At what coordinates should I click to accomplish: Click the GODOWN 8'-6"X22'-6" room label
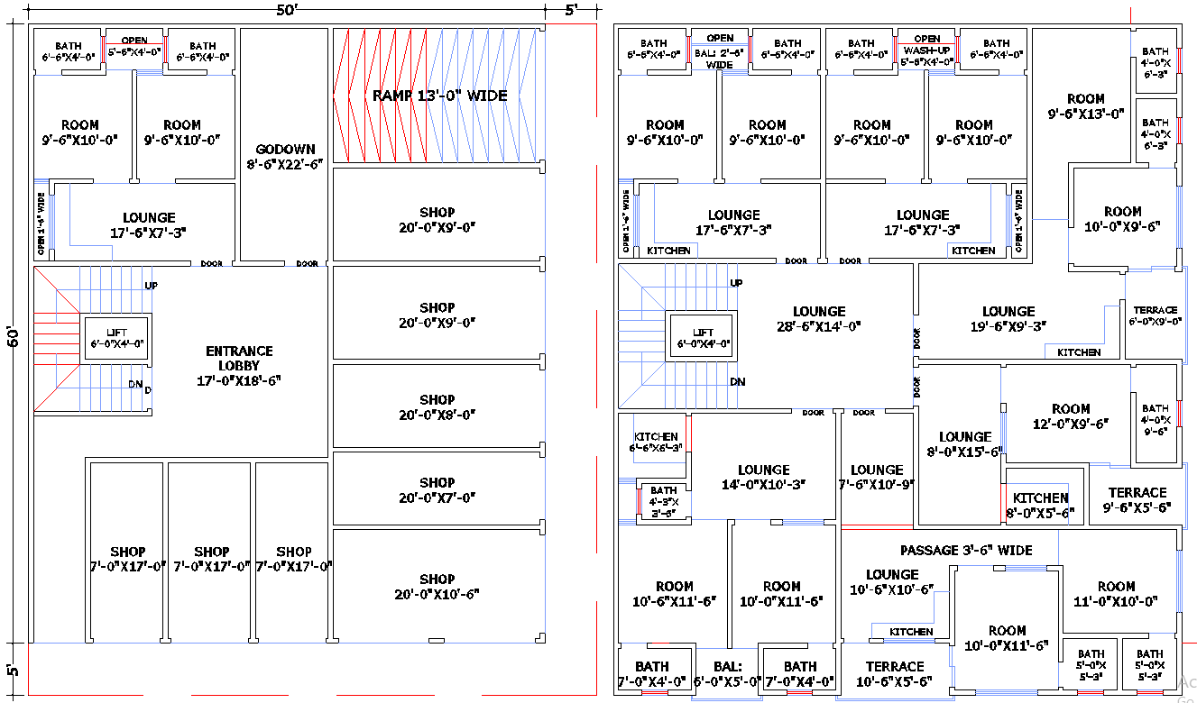pyautogui.click(x=285, y=157)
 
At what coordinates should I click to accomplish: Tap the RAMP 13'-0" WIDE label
pyautogui.click(x=440, y=96)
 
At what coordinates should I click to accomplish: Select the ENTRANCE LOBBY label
pyautogui.click(x=238, y=365)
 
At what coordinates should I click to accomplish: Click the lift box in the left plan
pyautogui.click(x=117, y=338)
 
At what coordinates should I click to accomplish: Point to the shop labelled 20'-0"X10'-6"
pyautogui.click(x=437, y=586)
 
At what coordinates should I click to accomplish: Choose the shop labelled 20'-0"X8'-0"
pyautogui.click(x=437, y=406)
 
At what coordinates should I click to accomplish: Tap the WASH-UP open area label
pyautogui.click(x=927, y=50)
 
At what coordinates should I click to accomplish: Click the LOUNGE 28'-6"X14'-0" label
pyautogui.click(x=819, y=319)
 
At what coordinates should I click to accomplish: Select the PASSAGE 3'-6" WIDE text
pyautogui.click(x=966, y=550)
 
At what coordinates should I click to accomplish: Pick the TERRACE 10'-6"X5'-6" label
pyautogui.click(x=895, y=674)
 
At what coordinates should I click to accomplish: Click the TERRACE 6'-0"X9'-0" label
pyautogui.click(x=1156, y=315)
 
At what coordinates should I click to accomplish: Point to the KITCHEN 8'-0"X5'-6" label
pyautogui.click(x=1040, y=505)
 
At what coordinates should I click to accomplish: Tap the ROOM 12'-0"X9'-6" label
pyautogui.click(x=1071, y=415)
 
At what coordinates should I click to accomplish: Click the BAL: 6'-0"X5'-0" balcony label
pyautogui.click(x=727, y=674)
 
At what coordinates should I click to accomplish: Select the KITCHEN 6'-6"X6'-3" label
pyautogui.click(x=656, y=442)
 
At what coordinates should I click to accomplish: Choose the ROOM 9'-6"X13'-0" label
pyautogui.click(x=1086, y=106)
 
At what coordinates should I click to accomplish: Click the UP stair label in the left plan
pyautogui.click(x=152, y=285)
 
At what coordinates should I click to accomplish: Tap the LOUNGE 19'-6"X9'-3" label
pyautogui.click(x=1008, y=319)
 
